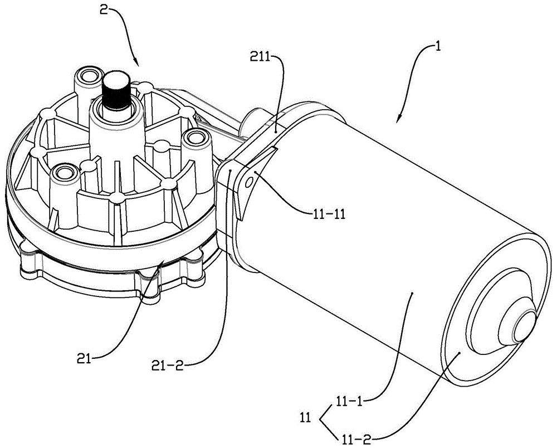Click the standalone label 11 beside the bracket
click(305, 416)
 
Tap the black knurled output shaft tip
click(116, 89)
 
